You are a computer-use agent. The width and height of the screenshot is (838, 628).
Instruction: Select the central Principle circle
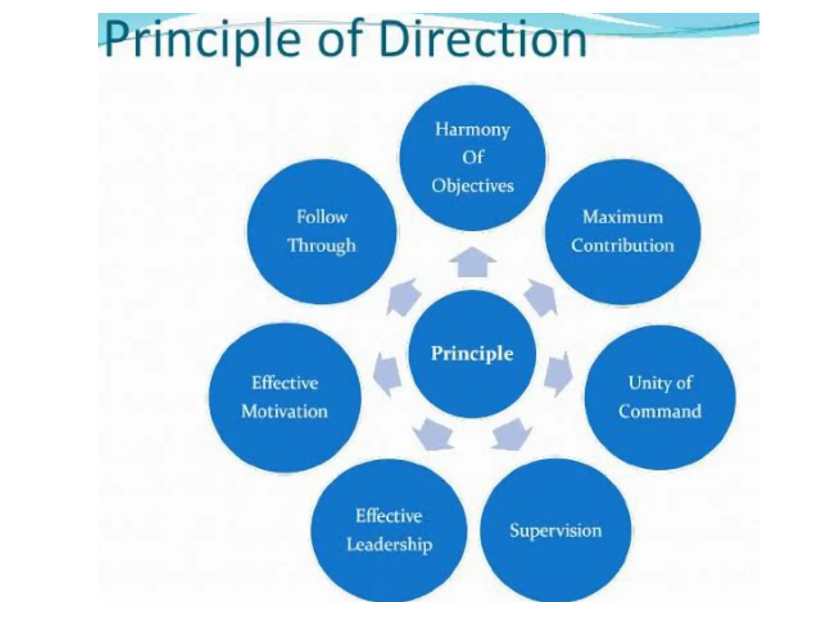[472, 354]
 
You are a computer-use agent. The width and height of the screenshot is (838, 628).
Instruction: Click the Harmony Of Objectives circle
[472, 158]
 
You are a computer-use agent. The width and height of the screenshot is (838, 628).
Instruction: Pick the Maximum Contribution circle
[622, 232]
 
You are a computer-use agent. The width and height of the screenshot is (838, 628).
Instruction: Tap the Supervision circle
[555, 531]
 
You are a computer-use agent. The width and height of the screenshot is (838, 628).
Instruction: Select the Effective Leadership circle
[389, 531]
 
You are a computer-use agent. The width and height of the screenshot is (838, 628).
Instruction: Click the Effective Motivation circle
[285, 397]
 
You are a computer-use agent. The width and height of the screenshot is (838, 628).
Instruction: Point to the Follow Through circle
[322, 232]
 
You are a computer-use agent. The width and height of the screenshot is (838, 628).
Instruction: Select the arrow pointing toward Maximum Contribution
[540, 297]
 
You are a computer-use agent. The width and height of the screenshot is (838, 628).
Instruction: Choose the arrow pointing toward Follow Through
[403, 297]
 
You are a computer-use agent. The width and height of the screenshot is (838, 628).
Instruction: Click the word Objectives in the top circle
[472, 186]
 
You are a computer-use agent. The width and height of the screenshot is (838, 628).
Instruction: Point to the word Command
[660, 411]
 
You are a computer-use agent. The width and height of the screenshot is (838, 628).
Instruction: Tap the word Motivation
[285, 411]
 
